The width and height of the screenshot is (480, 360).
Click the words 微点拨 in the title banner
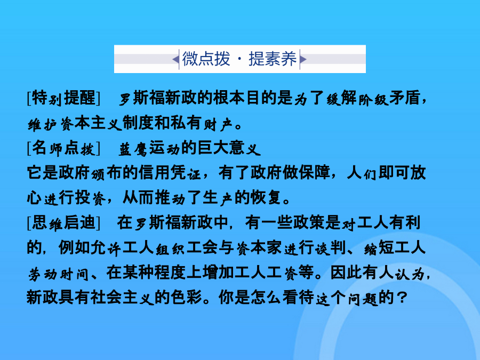[x=206, y=59]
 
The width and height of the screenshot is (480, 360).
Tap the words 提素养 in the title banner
[x=273, y=59]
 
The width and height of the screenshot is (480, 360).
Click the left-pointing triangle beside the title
[x=175, y=59]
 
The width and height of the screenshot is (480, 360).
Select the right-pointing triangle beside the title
[x=303, y=59]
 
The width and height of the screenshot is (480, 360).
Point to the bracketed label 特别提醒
[x=63, y=98]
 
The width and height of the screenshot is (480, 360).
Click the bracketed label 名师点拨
[x=63, y=148]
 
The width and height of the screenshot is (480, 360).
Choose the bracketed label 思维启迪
[x=63, y=223]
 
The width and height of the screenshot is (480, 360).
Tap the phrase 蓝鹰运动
[x=149, y=148]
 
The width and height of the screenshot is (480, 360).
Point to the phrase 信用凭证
[x=170, y=173]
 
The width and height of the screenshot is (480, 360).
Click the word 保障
[x=315, y=173]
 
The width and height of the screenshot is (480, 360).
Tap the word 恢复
[x=266, y=198]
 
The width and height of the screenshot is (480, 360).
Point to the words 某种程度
[x=154, y=273]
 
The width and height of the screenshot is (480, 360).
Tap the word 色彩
[x=186, y=298]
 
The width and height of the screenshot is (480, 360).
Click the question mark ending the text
[x=401, y=298]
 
